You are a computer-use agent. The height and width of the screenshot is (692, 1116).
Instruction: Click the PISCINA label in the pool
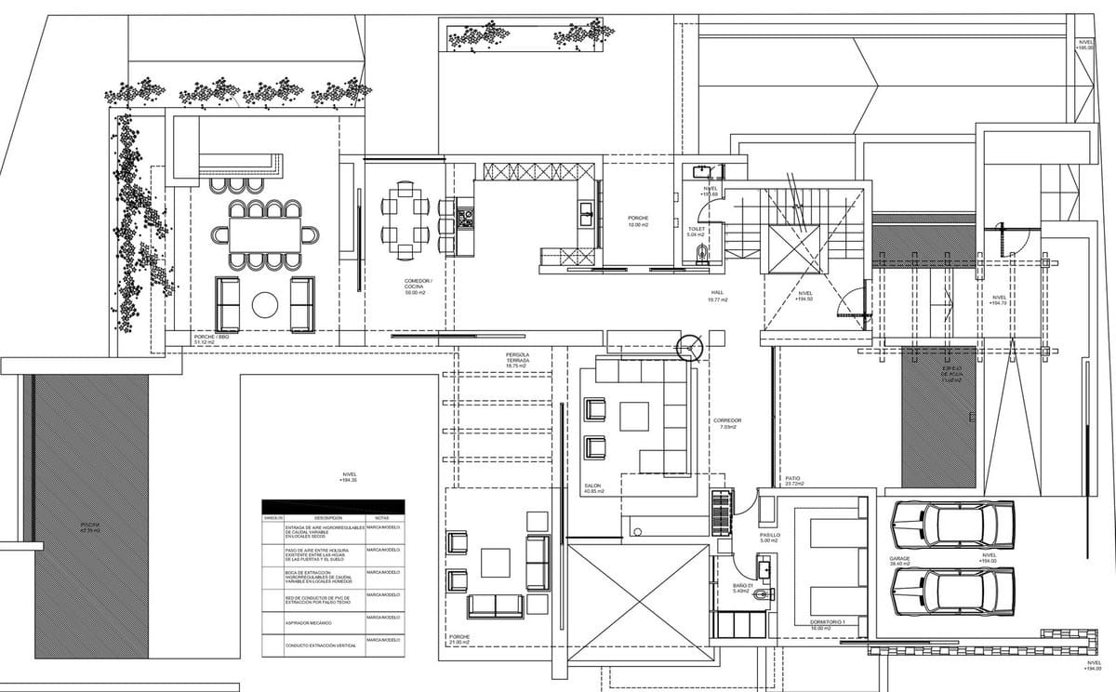pyautogui.click(x=89, y=527)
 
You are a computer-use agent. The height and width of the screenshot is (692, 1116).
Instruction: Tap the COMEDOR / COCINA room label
pyautogui.click(x=418, y=285)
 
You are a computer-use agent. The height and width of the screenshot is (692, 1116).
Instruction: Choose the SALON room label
pyautogui.click(x=593, y=487)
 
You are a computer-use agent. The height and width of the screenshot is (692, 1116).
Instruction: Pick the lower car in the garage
pyautogui.click(x=952, y=591)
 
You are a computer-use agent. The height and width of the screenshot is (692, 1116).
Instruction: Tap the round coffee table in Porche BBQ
pyautogui.click(x=266, y=305)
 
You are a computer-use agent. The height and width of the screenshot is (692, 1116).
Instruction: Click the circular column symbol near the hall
pyautogui.click(x=690, y=347)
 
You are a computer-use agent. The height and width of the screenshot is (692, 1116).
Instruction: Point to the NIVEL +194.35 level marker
pyautogui.click(x=349, y=476)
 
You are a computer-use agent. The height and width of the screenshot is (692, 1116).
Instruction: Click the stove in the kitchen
pyautogui.click(x=465, y=220)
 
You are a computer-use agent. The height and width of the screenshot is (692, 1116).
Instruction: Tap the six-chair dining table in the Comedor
pyautogui.click(x=405, y=220)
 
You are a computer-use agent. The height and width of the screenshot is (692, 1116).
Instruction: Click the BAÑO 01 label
pyautogui.click(x=741, y=588)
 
